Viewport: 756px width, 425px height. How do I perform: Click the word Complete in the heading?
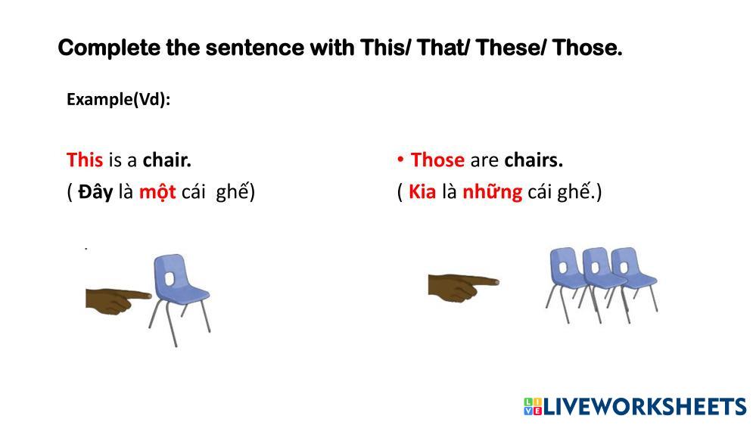(x=108, y=48)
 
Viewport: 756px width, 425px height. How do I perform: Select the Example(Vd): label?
(x=119, y=99)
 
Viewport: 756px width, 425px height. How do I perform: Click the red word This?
(x=85, y=160)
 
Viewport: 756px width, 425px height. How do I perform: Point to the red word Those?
(x=437, y=160)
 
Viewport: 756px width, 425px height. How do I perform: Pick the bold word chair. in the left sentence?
(x=166, y=160)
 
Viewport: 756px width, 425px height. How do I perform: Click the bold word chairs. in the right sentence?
(x=534, y=160)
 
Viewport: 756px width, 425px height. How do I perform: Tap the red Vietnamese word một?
(x=157, y=192)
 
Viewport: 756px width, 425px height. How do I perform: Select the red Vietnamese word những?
(x=492, y=192)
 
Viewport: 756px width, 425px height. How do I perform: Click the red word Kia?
(x=422, y=192)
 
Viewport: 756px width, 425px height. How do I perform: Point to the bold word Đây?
(x=95, y=192)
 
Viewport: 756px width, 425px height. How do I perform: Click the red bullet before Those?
(x=400, y=159)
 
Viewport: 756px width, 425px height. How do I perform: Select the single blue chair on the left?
(x=180, y=299)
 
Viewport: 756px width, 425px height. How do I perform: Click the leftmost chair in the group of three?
(x=567, y=284)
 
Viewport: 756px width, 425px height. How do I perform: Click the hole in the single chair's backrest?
(x=170, y=279)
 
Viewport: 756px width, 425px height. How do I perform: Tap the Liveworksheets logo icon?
(x=533, y=406)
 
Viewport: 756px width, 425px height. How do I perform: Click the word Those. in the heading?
(x=587, y=48)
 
